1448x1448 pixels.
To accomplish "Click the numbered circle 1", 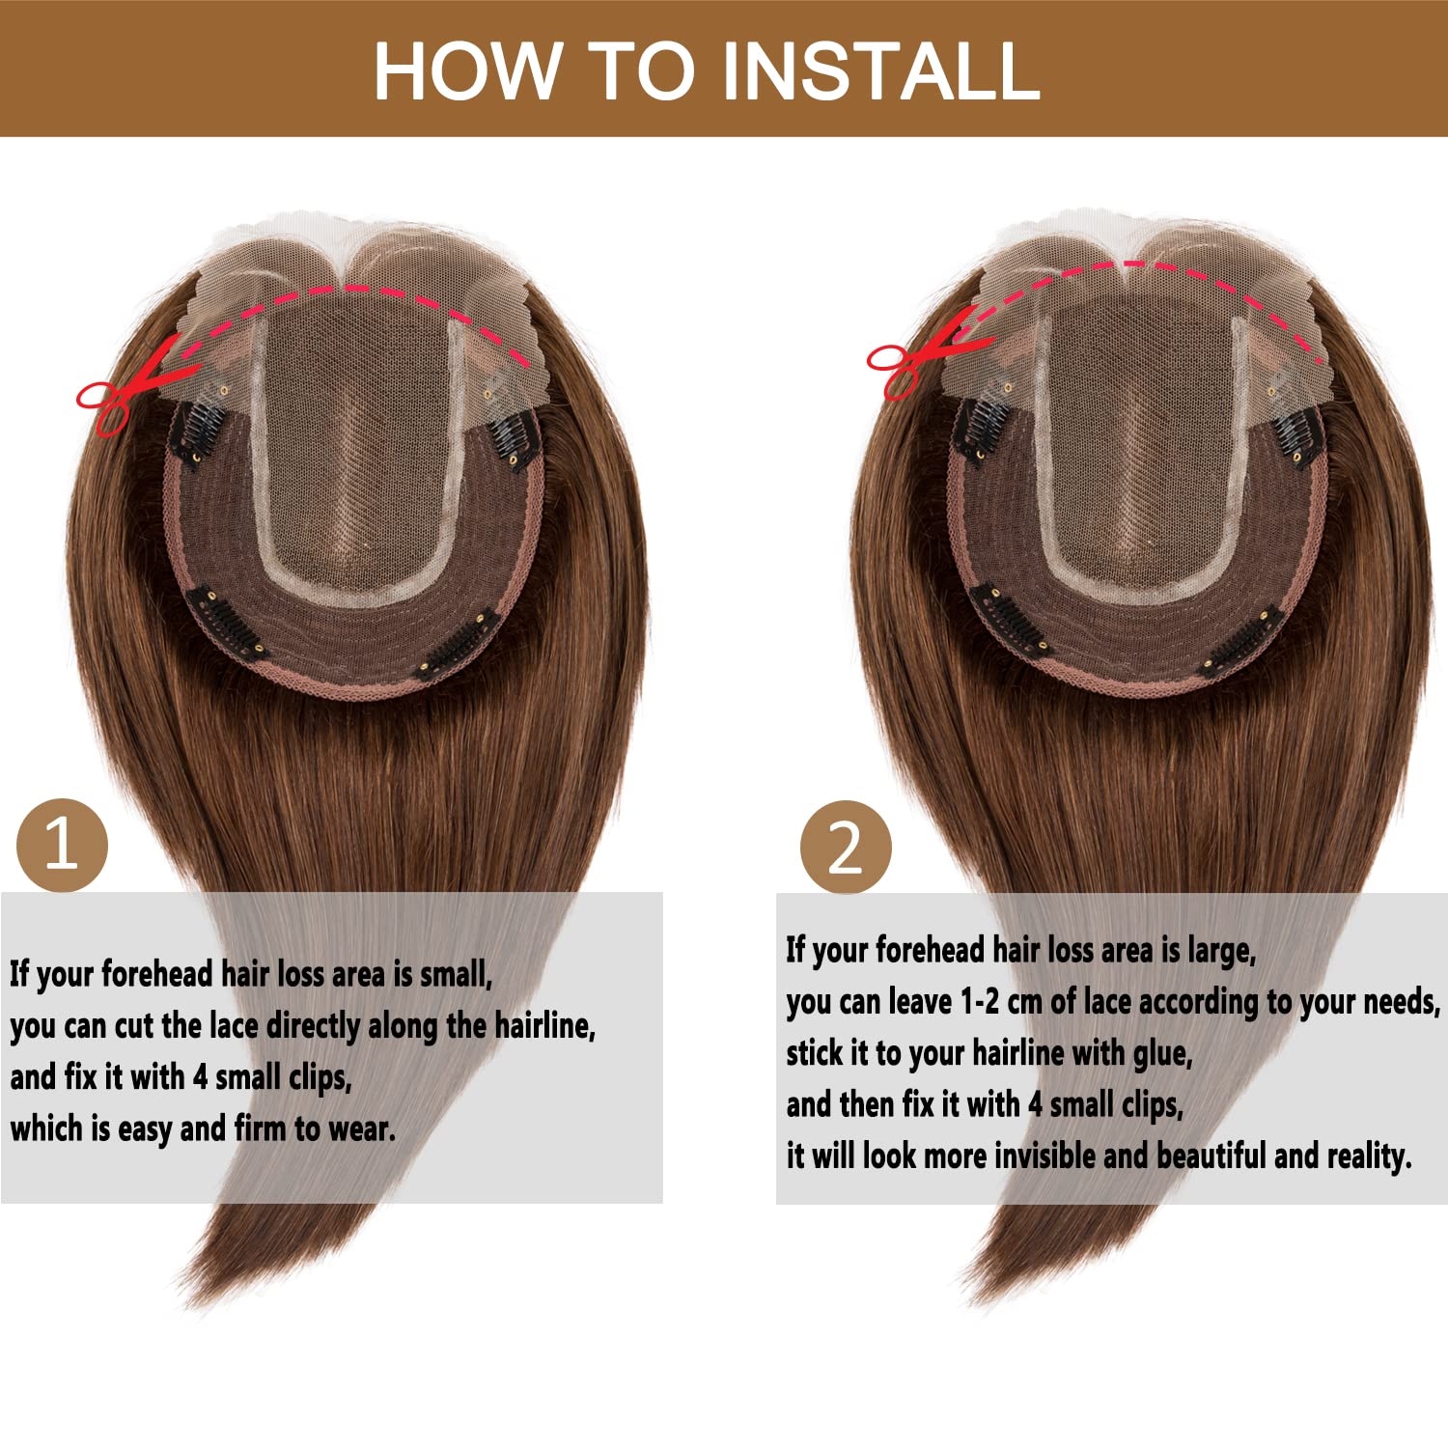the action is [62, 846].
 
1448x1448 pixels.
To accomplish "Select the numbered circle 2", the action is [846, 847].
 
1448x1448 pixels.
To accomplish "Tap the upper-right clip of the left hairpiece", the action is [513, 440].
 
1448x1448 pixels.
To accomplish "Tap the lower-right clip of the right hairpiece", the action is [1241, 642].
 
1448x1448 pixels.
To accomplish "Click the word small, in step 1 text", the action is [456, 974].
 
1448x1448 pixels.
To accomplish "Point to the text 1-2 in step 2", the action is [980, 1002].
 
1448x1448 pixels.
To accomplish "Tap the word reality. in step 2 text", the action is [1369, 1156].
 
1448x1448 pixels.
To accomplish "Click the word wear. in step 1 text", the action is [362, 1128].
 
